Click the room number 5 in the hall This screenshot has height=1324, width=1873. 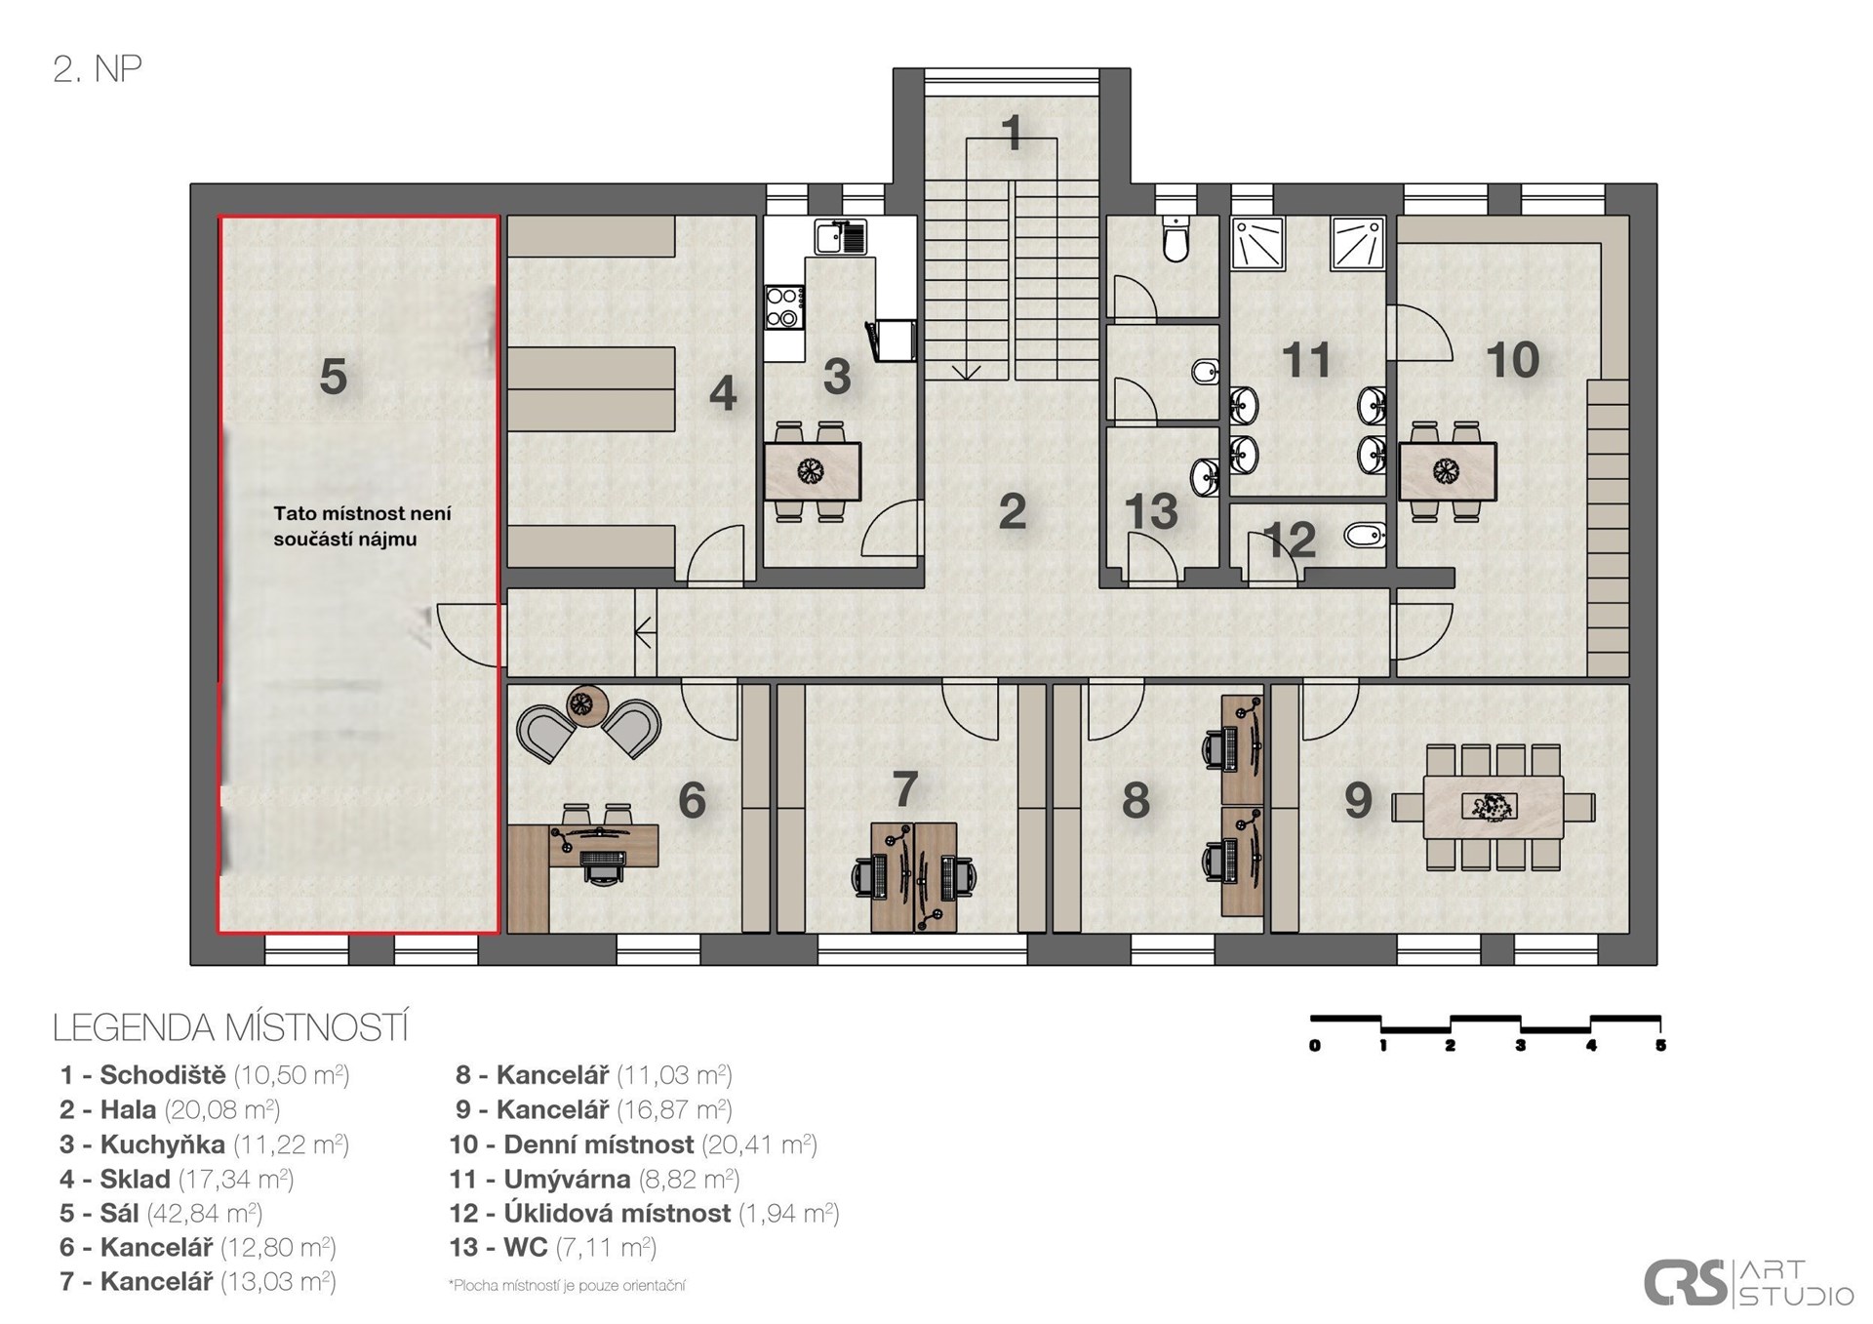[x=333, y=376]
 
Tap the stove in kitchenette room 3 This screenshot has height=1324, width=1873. [x=784, y=306]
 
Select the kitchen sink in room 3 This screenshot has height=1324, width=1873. [x=841, y=237]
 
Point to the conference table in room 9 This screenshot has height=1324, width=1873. [x=1493, y=807]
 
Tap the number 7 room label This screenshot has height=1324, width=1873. [x=904, y=788]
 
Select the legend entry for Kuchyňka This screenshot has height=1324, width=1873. [x=204, y=1143]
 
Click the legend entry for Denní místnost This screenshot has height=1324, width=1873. [x=633, y=1143]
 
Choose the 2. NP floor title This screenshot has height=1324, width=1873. [x=98, y=69]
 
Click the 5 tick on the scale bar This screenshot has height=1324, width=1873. [x=1660, y=1045]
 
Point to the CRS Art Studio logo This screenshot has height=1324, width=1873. [x=1748, y=1282]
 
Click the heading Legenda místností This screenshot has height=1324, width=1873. [x=230, y=1027]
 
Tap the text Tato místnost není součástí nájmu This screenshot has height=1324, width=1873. [x=362, y=526]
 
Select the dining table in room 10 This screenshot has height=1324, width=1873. [x=1448, y=471]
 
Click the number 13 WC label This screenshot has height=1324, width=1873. [x=1151, y=511]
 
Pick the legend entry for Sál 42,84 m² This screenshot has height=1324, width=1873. [x=161, y=1213]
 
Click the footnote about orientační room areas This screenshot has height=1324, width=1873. [x=567, y=1285]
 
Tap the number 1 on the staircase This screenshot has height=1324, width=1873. [x=1012, y=133]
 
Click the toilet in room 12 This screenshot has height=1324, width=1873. [x=1365, y=535]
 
